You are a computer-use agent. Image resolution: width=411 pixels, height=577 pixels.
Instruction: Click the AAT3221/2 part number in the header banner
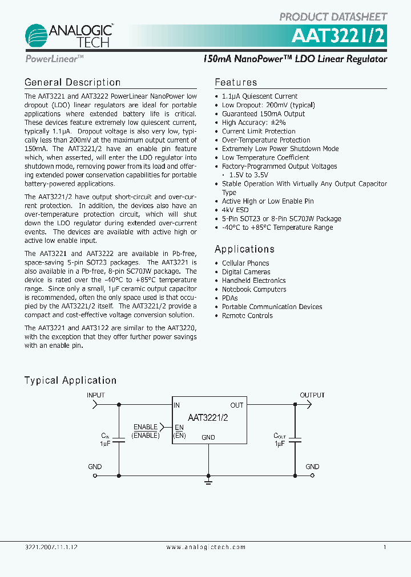pos(339,35)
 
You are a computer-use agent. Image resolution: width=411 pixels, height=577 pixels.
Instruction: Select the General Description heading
pos(72,83)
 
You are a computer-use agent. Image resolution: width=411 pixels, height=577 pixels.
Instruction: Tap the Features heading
pos(236,83)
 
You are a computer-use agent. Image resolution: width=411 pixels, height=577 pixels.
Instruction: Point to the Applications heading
pos(244,249)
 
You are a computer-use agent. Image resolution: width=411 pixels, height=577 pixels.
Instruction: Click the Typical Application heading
pos(70,380)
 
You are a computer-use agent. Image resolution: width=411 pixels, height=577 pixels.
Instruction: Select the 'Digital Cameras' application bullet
pos(246,272)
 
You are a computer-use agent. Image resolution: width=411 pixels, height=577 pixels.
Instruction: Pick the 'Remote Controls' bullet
pos(247,315)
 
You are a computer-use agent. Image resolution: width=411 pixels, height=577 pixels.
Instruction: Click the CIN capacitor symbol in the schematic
pos(119,440)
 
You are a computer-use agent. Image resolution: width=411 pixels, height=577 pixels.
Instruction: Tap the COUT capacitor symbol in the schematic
pos(295,440)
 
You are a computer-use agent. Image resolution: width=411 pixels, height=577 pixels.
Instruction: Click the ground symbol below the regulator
pos(208,482)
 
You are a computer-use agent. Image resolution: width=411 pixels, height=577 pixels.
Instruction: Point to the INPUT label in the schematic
pos(95,395)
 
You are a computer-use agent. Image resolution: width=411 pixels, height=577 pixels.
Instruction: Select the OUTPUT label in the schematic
pos(312,395)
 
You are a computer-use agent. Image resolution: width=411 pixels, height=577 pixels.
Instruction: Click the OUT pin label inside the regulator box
pos(237,405)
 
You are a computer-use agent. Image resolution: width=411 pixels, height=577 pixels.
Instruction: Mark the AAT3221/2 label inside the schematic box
pos(208,417)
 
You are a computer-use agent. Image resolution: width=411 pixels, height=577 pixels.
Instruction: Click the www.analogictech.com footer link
pos(206,547)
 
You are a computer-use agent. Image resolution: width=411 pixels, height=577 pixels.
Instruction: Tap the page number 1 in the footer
pos(385,547)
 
